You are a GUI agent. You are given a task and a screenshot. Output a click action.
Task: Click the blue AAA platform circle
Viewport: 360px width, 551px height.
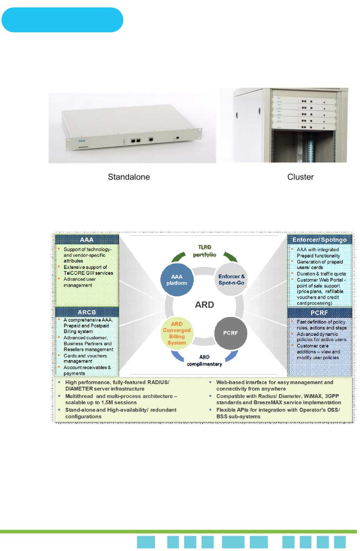177,280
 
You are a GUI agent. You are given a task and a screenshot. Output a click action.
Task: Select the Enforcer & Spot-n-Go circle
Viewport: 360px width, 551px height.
231,280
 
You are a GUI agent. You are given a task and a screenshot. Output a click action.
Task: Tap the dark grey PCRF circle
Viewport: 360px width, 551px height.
231,333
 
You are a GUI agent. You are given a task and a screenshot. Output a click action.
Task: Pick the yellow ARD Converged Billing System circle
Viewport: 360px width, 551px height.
177,333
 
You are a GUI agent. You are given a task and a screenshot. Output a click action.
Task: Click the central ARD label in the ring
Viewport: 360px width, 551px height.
204,305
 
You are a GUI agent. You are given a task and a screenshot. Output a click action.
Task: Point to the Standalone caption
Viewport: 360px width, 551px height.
129,177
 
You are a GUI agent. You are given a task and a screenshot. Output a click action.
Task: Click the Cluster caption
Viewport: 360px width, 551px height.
300,177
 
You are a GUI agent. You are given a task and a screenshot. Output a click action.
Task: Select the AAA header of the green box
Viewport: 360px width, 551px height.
87,240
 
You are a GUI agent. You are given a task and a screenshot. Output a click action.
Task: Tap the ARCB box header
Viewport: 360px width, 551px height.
87,312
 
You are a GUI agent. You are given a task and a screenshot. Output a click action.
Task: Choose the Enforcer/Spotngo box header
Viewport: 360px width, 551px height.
319,240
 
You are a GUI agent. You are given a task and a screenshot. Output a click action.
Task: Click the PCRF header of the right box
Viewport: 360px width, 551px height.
319,313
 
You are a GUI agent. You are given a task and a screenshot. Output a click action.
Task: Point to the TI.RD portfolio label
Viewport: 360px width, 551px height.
204,251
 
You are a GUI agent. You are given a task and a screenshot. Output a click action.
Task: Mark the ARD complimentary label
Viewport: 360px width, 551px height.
204,361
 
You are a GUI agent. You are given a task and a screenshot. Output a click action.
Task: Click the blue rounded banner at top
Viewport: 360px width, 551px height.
62,20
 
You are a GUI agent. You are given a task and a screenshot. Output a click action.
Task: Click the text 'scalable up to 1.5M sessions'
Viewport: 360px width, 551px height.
101,402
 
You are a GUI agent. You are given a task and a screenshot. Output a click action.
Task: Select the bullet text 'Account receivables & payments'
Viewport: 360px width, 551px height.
87,370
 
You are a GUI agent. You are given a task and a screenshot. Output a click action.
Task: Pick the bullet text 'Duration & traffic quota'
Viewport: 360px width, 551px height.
321,274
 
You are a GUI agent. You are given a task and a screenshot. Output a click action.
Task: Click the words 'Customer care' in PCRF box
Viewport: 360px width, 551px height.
312,346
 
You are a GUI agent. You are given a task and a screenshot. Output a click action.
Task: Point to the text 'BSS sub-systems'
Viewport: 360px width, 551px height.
238,416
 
